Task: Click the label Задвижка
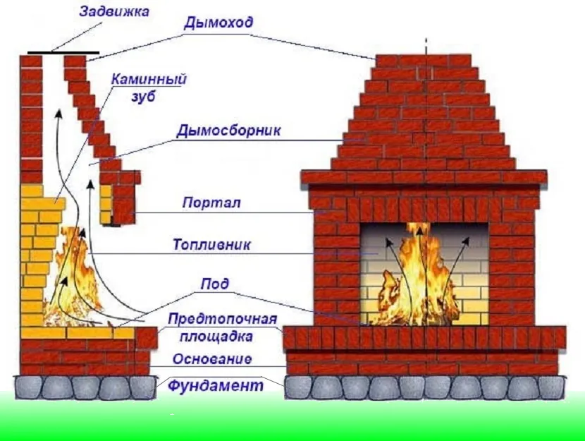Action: coord(115,13)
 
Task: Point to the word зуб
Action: coord(142,97)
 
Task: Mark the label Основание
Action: coord(211,359)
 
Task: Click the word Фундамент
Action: coord(215,386)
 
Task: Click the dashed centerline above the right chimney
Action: coord(426,42)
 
